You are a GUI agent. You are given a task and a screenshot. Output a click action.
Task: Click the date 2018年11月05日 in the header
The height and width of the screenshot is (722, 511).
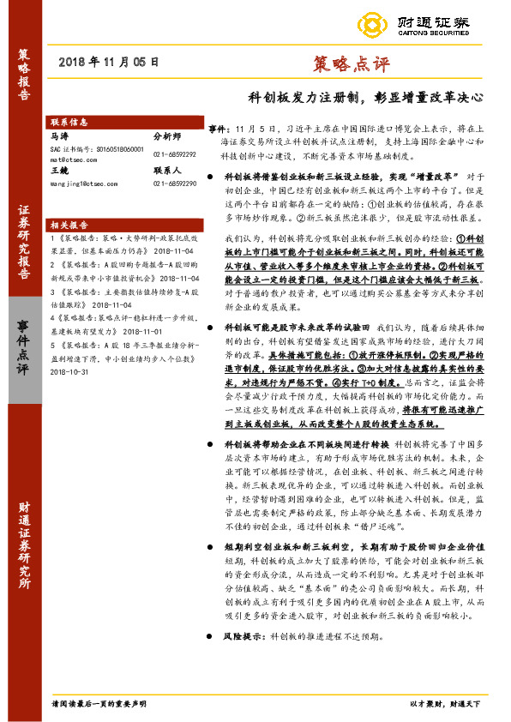click(111, 62)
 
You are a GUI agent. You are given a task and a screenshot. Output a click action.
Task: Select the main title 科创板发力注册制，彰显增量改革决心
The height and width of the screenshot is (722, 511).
click(365, 97)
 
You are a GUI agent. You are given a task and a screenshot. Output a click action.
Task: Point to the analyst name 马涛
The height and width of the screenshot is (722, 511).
click(59, 135)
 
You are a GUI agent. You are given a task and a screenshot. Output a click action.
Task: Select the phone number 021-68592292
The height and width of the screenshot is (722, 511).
click(174, 153)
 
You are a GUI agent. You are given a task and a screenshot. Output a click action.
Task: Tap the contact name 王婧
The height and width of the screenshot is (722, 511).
click(59, 171)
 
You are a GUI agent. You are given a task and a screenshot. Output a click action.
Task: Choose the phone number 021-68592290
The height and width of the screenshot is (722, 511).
click(174, 183)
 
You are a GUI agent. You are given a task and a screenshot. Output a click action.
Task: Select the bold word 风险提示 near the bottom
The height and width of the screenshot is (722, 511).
click(241, 637)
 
